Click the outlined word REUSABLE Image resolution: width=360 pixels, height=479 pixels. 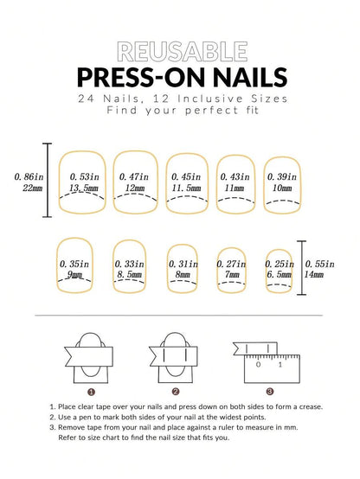tap(183, 52)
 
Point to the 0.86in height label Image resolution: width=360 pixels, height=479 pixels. tap(29, 177)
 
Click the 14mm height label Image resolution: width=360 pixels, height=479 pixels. tap(314, 274)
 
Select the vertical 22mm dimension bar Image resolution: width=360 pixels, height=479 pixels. tap(47, 180)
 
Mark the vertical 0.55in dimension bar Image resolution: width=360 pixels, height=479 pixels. tap(301, 268)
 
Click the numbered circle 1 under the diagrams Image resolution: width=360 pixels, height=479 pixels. tap(91, 392)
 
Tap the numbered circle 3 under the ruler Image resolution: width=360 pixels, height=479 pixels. tap(270, 392)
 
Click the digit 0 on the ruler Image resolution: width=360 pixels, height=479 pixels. tap(259, 365)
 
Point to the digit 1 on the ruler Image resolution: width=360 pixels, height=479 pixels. tap(280, 365)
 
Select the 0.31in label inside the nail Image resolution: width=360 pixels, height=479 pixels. tap(183, 264)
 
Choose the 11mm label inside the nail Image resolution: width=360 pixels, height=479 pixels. tap(235, 188)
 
